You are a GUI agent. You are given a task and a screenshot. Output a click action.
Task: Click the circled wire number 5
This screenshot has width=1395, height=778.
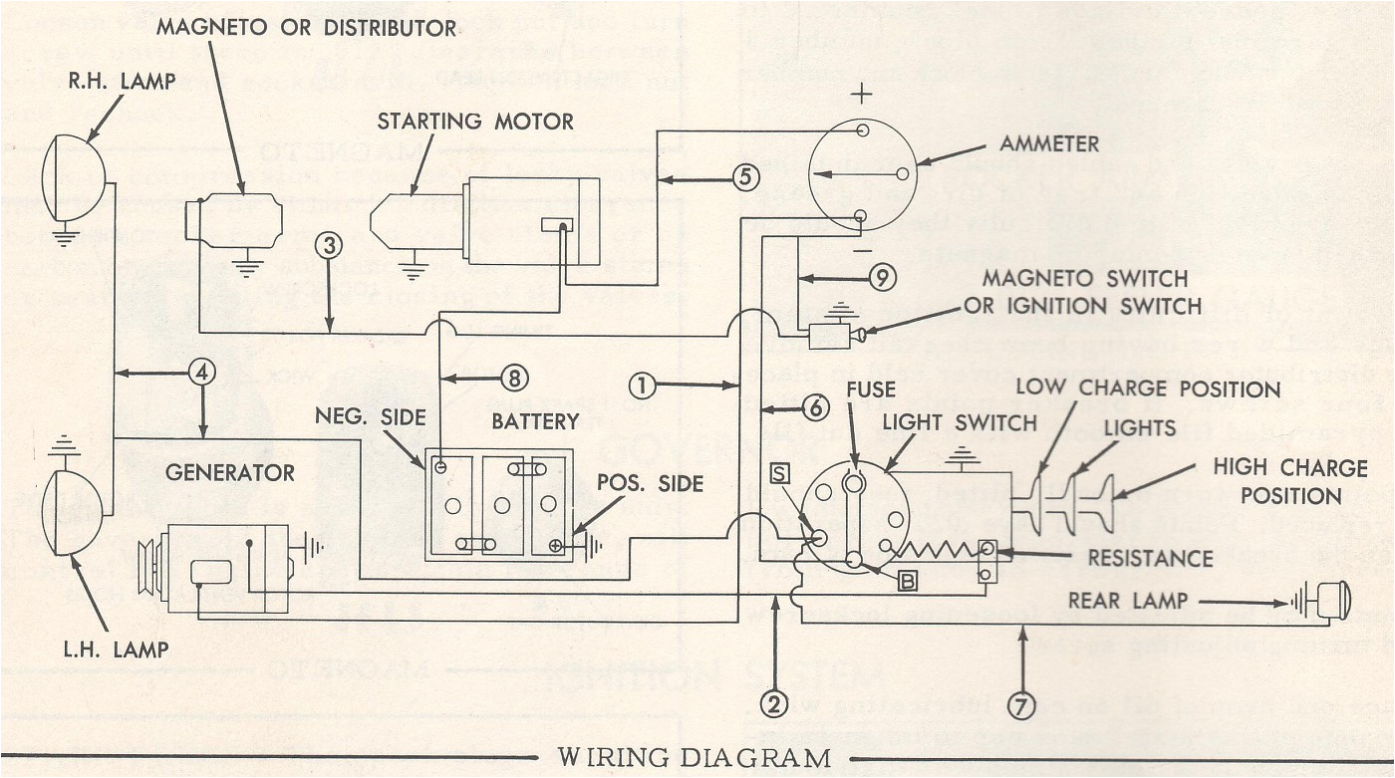(745, 177)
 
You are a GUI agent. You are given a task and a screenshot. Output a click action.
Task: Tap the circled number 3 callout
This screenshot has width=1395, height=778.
(331, 244)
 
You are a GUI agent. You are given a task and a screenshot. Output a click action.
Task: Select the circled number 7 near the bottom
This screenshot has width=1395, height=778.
(1019, 704)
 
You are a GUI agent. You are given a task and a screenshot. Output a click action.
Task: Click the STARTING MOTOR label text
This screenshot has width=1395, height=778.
(475, 122)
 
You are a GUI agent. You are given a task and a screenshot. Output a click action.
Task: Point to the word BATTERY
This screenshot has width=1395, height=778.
(535, 421)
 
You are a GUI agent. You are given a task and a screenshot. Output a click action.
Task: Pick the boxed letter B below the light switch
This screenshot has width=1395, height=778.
(907, 581)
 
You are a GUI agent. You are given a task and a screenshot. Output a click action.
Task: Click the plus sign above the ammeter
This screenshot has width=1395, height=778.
(863, 97)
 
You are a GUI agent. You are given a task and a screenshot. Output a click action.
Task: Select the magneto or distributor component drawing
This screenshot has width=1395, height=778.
(235, 220)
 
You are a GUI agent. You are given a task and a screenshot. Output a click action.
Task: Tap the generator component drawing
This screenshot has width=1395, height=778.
(227, 569)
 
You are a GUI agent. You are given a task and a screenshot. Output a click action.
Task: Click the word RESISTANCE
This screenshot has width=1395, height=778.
(1150, 558)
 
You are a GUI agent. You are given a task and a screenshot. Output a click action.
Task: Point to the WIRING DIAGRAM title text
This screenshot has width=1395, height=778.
(694, 758)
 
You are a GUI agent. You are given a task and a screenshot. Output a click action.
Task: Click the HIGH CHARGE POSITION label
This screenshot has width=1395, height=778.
(1289, 481)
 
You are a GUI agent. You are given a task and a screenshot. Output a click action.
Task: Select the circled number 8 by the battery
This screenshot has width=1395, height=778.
(513, 378)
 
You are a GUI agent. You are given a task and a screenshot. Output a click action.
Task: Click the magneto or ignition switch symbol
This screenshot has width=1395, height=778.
(829, 337)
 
